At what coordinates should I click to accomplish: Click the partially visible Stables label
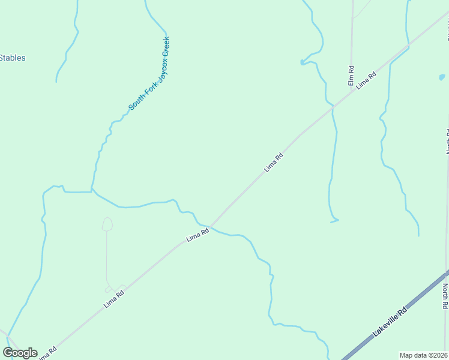(12, 58)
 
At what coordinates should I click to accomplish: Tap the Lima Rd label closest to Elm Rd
(366, 80)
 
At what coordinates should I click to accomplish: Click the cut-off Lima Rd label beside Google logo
(48, 353)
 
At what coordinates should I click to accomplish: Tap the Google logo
(20, 353)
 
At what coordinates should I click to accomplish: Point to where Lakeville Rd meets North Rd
(447, 274)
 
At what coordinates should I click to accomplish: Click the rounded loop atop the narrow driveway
(107, 224)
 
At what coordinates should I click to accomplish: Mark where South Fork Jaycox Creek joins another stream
(92, 191)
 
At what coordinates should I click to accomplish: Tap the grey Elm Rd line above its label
(352, 36)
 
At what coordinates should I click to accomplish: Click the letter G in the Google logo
(8, 353)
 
